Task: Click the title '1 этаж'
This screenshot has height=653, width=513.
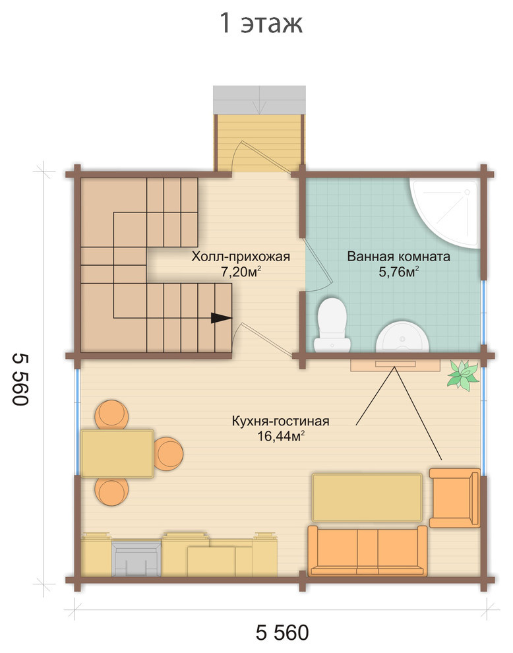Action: click(x=261, y=23)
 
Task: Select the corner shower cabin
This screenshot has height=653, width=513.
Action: click(x=445, y=213)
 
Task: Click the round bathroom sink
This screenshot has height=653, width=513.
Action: click(x=402, y=336)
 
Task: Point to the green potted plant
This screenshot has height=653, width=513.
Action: click(x=462, y=375)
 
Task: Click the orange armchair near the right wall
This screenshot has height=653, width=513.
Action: click(x=455, y=497)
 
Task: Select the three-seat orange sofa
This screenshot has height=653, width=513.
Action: click(x=367, y=551)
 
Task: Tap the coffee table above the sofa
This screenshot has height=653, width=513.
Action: click(x=367, y=497)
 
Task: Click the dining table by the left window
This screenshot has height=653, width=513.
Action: click(x=117, y=454)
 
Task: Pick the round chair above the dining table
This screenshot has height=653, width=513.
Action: click(x=111, y=414)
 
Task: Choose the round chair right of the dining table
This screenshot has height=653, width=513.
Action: click(x=168, y=454)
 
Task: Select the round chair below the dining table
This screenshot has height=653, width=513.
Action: click(x=111, y=491)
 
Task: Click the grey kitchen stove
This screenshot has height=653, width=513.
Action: click(x=136, y=559)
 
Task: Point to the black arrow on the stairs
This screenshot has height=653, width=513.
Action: click(x=222, y=318)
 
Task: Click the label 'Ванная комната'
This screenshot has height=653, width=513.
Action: click(x=398, y=256)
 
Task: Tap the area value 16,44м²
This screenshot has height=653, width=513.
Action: click(x=281, y=436)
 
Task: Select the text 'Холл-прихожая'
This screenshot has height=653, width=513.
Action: click(x=241, y=257)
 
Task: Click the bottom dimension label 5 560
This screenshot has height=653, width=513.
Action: click(x=282, y=632)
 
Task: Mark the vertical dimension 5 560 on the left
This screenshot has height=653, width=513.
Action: click(x=20, y=379)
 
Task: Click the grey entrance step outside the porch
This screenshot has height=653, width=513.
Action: click(x=259, y=100)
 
